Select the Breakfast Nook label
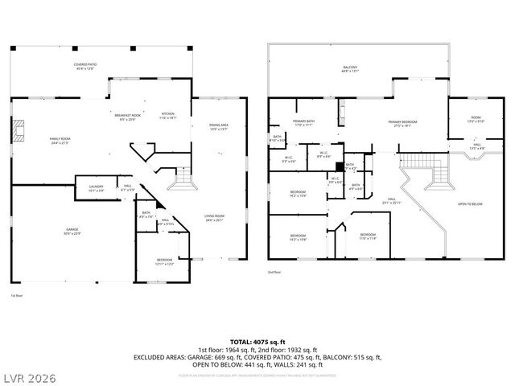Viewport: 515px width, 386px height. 129,117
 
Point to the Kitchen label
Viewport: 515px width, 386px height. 167,114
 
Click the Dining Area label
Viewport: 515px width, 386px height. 219,126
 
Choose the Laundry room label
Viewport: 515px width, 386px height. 96,189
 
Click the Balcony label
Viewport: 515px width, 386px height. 349,69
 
